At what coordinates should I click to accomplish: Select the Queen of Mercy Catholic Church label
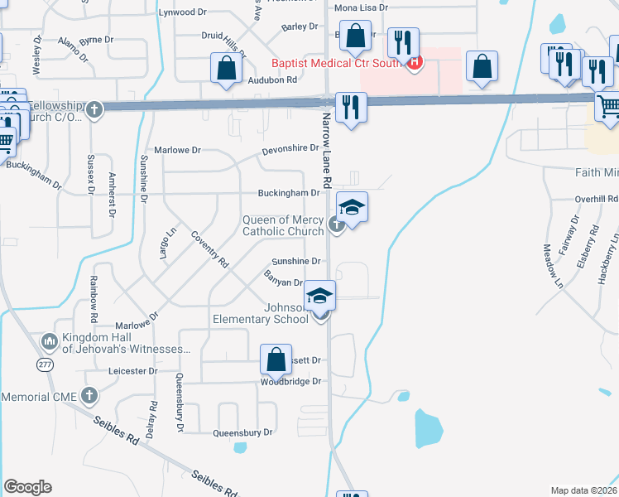coord(283,225)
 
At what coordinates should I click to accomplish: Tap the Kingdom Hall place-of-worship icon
coord(48,340)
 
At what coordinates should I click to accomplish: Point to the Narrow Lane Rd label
coord(327,148)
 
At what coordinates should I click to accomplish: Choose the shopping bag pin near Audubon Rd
coord(226,70)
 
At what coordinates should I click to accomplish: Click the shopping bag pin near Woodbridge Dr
coord(276,360)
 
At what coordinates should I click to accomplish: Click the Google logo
coord(27,487)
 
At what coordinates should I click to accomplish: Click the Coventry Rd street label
coord(209,249)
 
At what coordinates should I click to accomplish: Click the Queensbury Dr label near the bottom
coord(242,432)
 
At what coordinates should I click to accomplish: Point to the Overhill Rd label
coord(597,200)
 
